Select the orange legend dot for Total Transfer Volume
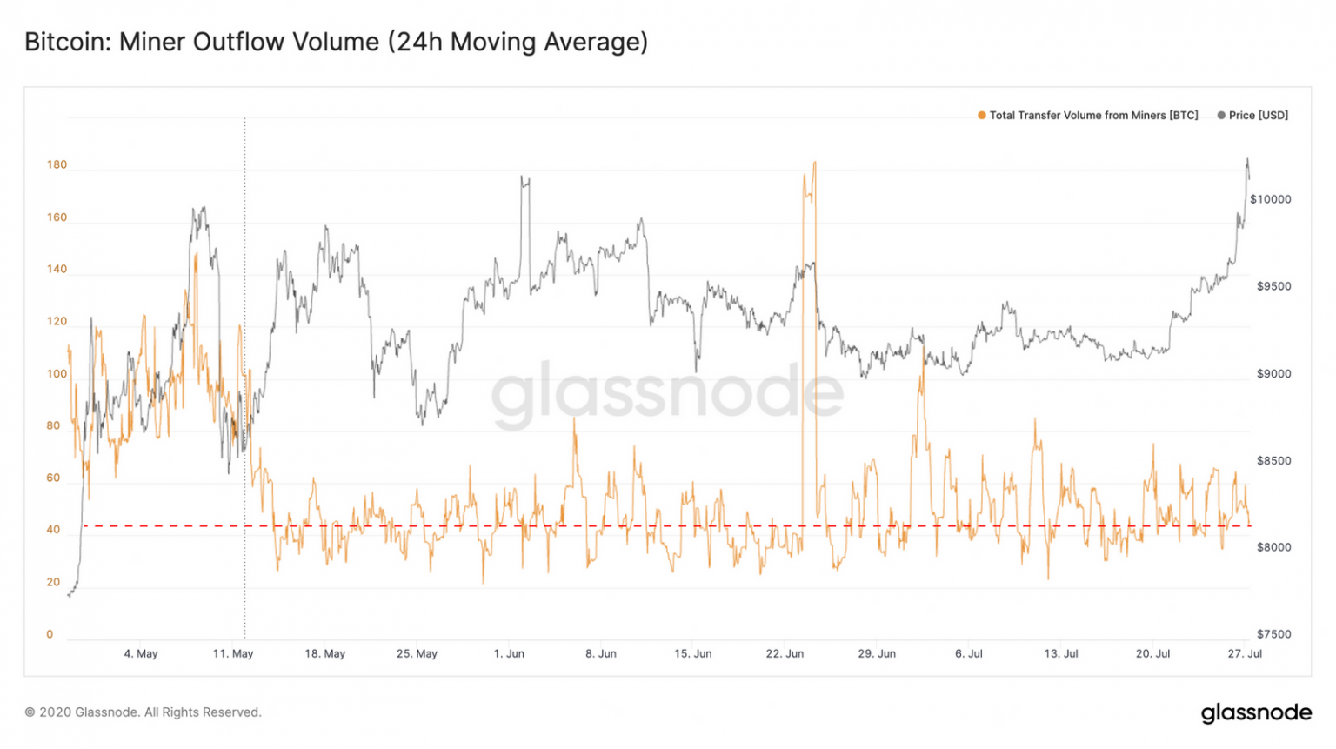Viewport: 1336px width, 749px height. tap(982, 116)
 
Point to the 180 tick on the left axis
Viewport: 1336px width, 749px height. tap(57, 164)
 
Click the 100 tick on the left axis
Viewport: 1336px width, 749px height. tap(57, 374)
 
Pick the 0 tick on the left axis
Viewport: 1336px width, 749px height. tap(50, 634)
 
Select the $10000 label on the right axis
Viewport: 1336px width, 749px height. tap(1270, 199)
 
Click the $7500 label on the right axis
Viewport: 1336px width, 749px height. tap(1273, 634)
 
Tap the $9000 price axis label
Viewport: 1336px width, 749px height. tap(1273, 374)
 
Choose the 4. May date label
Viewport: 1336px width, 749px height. tap(141, 653)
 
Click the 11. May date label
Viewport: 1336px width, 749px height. tap(233, 653)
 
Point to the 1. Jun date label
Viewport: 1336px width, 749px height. tap(509, 653)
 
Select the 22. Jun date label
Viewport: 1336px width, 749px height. tap(785, 653)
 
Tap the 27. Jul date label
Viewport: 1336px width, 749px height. tap(1245, 653)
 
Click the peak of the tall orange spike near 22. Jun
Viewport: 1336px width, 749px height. tap(814, 162)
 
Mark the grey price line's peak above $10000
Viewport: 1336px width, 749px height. tap(1247, 159)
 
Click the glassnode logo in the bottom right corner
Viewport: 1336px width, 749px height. tap(1256, 712)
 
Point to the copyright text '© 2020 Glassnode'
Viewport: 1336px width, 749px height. tap(143, 712)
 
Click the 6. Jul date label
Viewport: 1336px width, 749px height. tap(969, 653)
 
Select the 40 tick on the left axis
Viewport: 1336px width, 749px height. tap(53, 530)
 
